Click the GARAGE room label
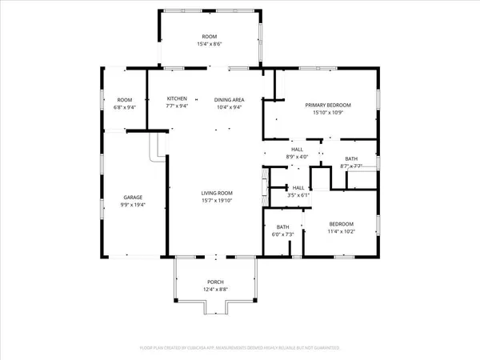tap(133, 197)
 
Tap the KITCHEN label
tap(177, 99)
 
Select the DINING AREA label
tap(228, 99)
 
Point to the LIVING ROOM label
tap(216, 193)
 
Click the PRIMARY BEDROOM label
tap(325, 105)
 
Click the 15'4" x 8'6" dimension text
tap(210, 44)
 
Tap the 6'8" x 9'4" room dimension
tap(125, 106)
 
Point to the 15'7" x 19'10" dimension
tap(216, 201)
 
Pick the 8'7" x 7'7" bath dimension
tap(352, 166)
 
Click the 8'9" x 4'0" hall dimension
tap(297, 157)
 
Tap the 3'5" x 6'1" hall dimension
tap(297, 194)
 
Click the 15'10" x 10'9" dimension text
tap(325, 113)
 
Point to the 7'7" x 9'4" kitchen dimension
tap(177, 106)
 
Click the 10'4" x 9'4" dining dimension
tap(228, 106)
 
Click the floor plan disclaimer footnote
tap(240, 348)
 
